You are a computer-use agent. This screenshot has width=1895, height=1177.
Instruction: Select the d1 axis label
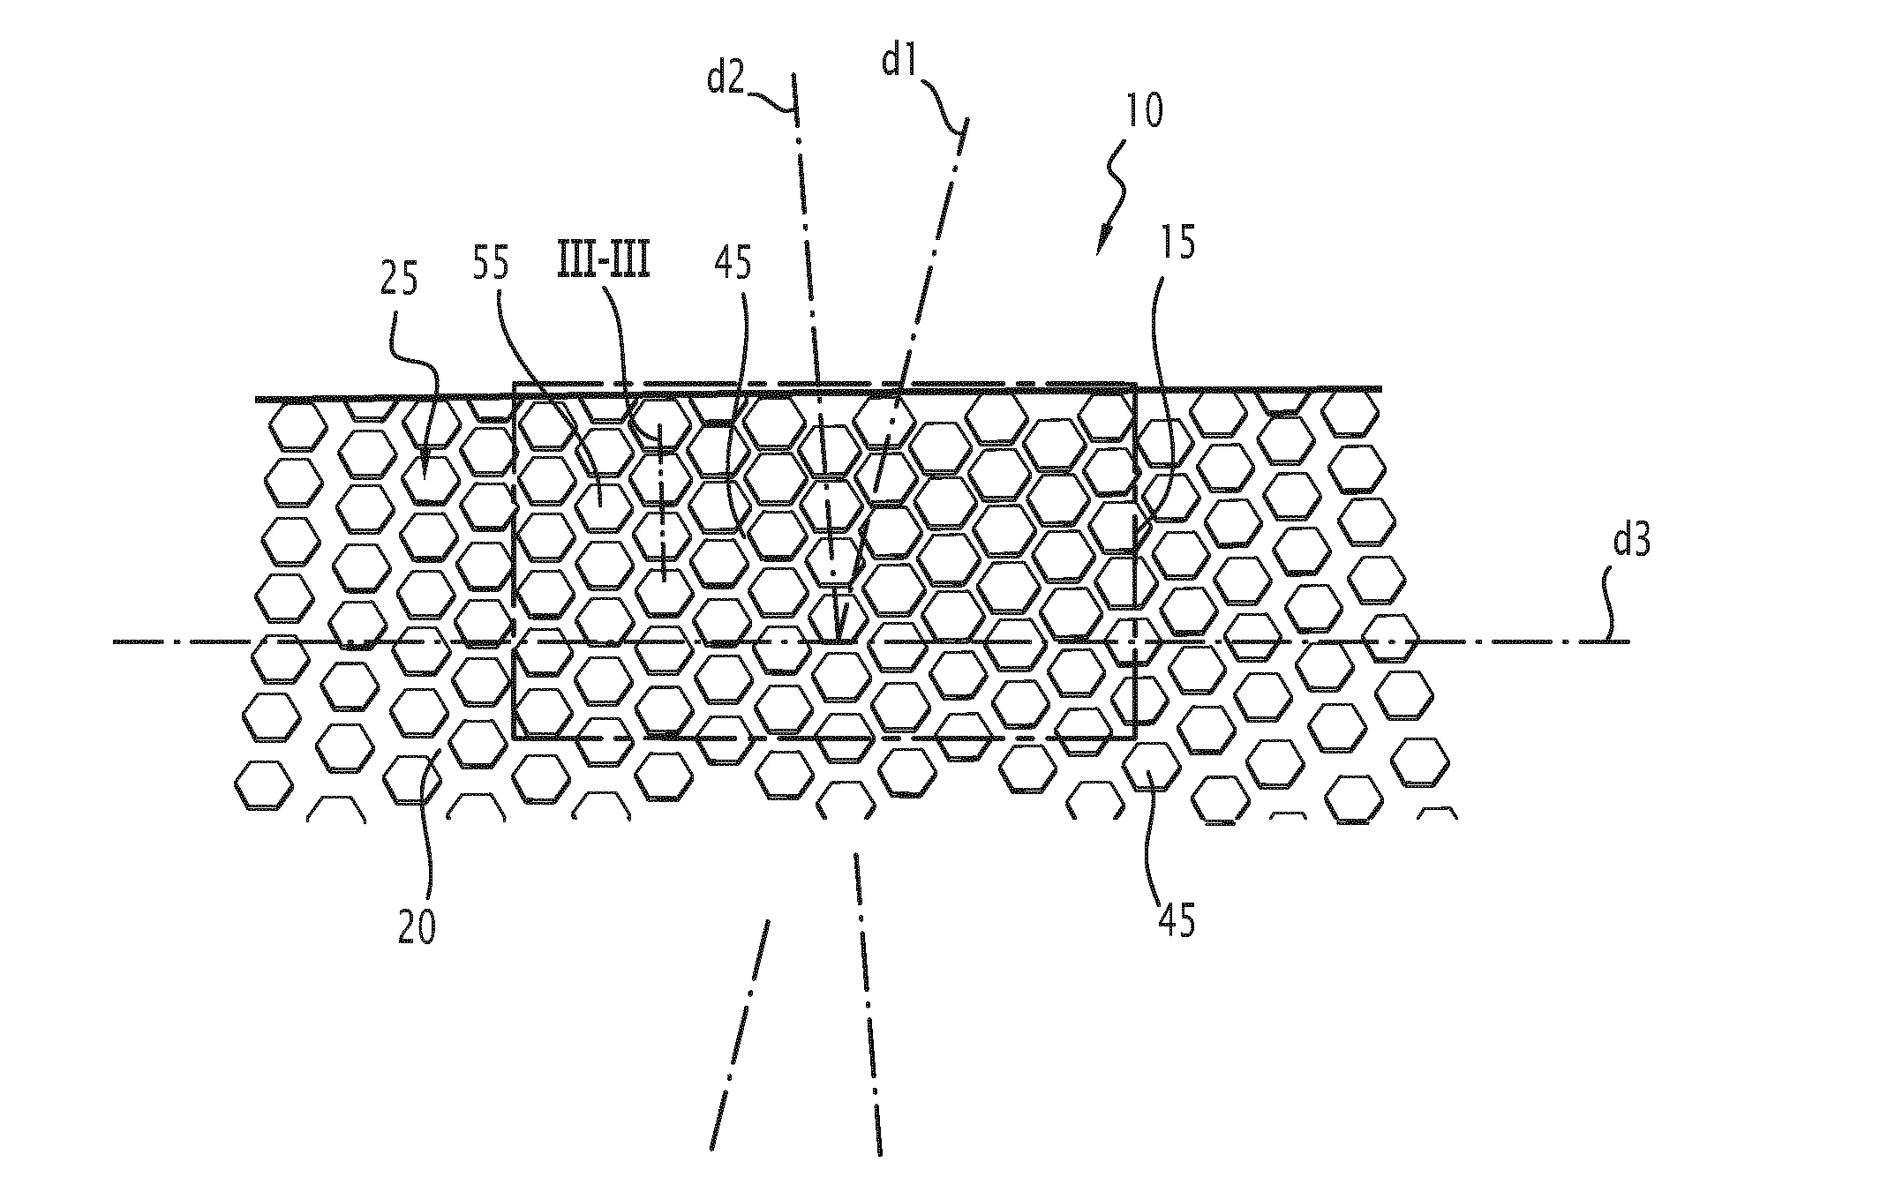(901, 61)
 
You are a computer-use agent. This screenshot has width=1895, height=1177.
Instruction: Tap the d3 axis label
(1631, 541)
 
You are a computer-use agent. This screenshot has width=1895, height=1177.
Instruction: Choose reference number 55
(491, 263)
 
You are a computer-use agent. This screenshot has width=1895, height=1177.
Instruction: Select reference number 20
(416, 929)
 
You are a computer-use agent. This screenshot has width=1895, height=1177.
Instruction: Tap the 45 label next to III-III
(733, 264)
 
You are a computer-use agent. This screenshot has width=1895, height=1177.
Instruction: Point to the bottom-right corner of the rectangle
(1135, 738)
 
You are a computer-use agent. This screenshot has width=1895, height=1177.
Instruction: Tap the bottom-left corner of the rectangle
(514, 738)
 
